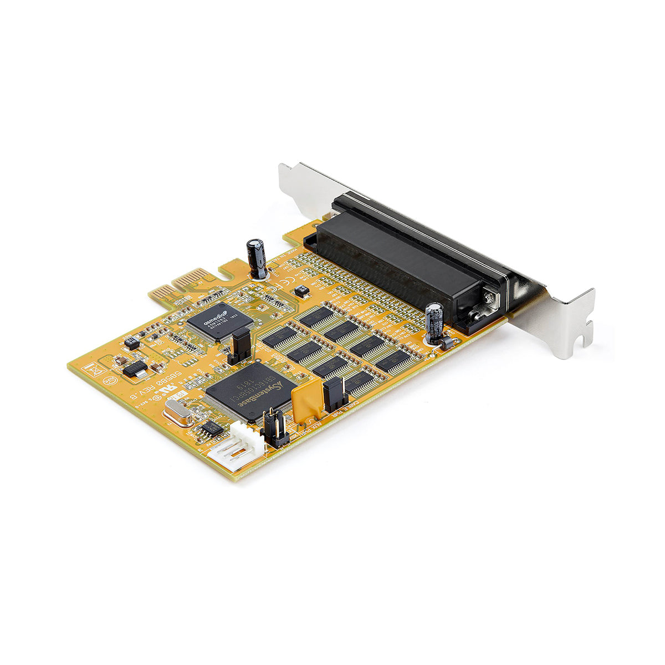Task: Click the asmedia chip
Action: pos(220,320)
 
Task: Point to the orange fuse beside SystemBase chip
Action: pos(306,399)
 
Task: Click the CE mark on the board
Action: pos(271,288)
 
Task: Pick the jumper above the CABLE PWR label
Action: pos(335,395)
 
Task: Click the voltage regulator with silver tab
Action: pos(134,369)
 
